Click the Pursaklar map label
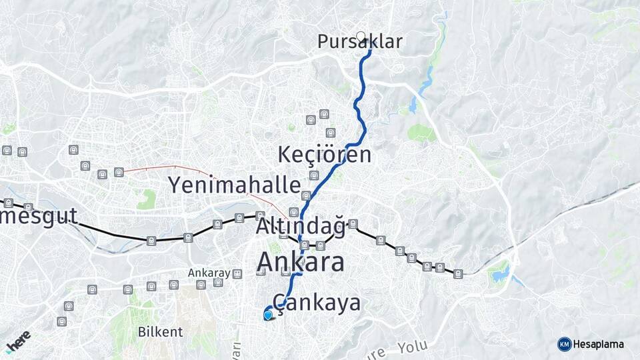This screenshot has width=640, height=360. click(360, 42)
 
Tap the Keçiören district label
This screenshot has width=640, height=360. click(324, 155)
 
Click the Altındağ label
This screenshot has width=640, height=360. click(300, 227)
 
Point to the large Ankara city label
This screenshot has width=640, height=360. click(301, 262)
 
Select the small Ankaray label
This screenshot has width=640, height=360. click(209, 273)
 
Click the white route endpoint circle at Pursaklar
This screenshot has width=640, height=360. click(361, 36)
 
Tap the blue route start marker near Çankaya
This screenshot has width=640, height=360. click(268, 315)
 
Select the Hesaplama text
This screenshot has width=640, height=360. click(599, 344)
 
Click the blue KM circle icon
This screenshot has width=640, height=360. click(564, 344)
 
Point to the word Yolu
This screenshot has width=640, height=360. click(412, 347)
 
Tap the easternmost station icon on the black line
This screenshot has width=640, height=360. click(458, 273)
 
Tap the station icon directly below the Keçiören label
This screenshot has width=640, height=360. click(313, 175)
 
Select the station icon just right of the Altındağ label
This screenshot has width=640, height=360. click(353, 224)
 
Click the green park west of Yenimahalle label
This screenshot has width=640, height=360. click(147, 198)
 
